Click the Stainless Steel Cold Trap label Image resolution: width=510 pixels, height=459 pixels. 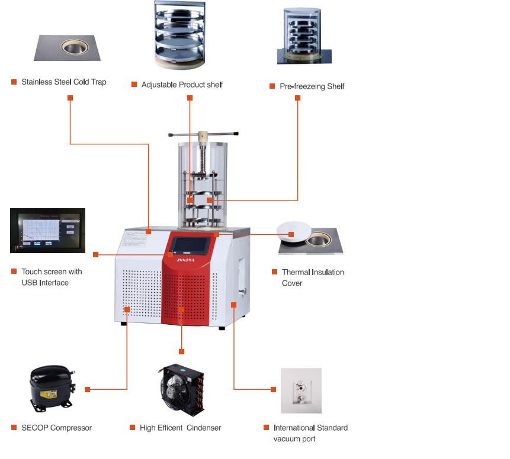(x=63, y=82)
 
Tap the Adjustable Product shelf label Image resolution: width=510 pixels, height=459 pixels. (x=182, y=85)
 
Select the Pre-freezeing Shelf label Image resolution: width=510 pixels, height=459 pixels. (x=312, y=86)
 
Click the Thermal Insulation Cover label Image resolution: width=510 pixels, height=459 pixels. (x=313, y=277)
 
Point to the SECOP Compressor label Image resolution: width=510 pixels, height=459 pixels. (x=56, y=428)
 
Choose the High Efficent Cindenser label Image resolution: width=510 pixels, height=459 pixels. (x=180, y=428)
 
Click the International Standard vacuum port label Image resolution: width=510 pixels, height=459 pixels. (x=310, y=433)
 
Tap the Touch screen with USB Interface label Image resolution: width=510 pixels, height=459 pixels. (x=52, y=277)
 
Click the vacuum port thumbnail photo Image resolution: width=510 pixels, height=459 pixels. (x=301, y=390)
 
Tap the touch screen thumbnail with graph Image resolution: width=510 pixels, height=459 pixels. (x=47, y=230)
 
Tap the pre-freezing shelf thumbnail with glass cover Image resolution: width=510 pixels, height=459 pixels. (x=304, y=37)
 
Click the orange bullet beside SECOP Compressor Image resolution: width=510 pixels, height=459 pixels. (x=14, y=427)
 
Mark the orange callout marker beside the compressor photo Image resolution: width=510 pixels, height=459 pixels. (x=87, y=389)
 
